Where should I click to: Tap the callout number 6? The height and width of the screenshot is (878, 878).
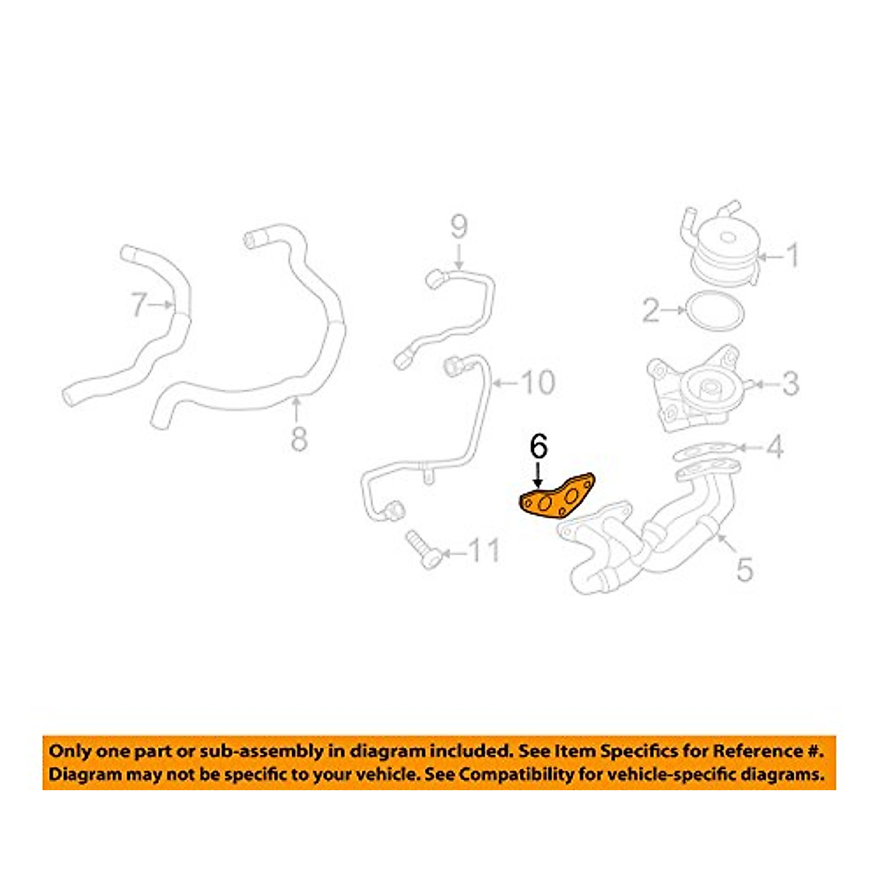tap(538, 447)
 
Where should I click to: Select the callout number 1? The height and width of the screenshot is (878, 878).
tap(792, 257)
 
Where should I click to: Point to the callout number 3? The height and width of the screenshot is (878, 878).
tap(790, 383)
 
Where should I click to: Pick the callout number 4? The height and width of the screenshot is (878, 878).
tap(774, 446)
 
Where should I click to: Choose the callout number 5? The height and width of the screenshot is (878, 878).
tap(744, 569)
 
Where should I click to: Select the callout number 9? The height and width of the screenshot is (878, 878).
tap(459, 228)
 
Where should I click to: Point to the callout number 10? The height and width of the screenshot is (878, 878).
tap(538, 382)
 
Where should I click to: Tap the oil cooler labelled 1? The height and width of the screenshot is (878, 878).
tap(724, 249)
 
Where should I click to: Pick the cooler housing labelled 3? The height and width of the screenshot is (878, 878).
tap(691, 391)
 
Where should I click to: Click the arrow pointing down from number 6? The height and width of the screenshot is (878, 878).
tap(538, 476)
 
